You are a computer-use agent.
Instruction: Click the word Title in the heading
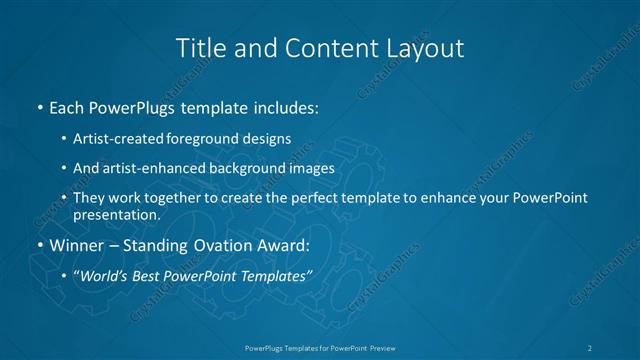(198, 47)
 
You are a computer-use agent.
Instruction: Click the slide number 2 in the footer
(591, 347)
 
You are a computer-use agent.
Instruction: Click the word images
(310, 168)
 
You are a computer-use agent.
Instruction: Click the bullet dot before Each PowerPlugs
(39, 105)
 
